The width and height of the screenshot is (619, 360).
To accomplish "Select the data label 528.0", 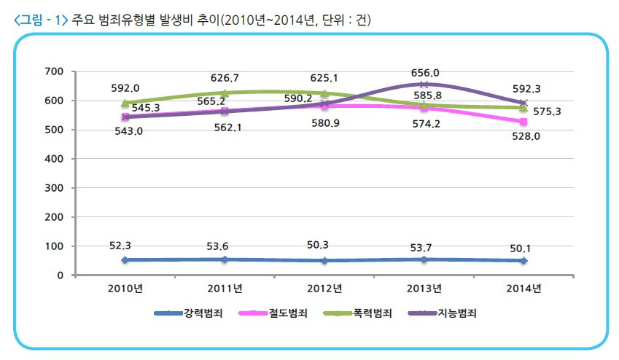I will click(x=524, y=136).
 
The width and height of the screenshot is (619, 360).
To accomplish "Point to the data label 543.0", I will click(x=126, y=131).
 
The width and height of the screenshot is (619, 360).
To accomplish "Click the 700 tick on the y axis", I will click(x=55, y=71).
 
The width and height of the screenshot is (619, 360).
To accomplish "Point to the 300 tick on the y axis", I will click(x=55, y=188).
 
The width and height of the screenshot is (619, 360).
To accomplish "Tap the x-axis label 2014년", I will click(x=524, y=289).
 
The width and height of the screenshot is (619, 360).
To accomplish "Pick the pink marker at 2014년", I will click(x=524, y=122).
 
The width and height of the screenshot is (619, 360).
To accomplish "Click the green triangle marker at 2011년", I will click(x=225, y=93).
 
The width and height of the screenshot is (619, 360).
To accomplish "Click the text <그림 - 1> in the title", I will click(x=41, y=20).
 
